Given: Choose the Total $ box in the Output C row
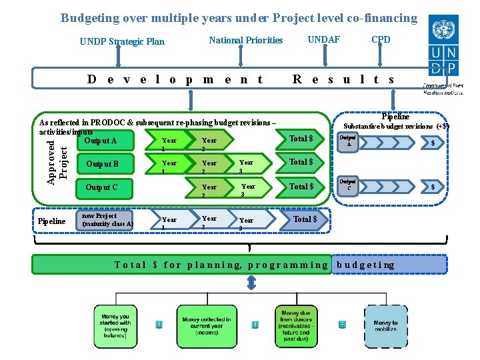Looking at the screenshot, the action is tap(301, 187).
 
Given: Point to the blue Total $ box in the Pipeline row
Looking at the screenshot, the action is tap(306, 219).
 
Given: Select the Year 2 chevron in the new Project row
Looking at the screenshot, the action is tap(213, 221).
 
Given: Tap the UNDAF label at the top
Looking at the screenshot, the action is tap(323, 40).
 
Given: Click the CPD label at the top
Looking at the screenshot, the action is tap(381, 40).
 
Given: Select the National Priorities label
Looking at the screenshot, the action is tap(246, 40).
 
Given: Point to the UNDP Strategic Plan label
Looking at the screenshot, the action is tap(122, 41).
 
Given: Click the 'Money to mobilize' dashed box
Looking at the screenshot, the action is tap(385, 327).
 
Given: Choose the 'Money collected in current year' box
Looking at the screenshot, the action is tap(207, 326).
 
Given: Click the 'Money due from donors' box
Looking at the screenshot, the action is tap(295, 325).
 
